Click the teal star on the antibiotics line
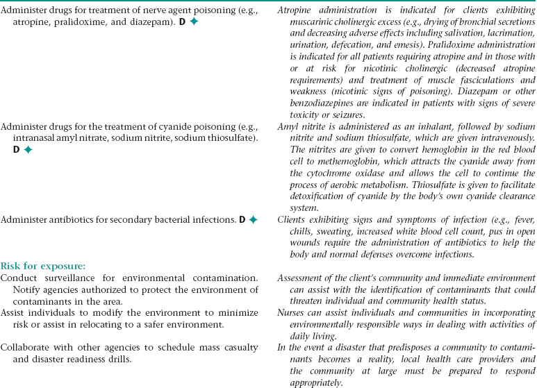point(253,220)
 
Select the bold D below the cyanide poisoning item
point(17,149)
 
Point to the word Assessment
point(303,278)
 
